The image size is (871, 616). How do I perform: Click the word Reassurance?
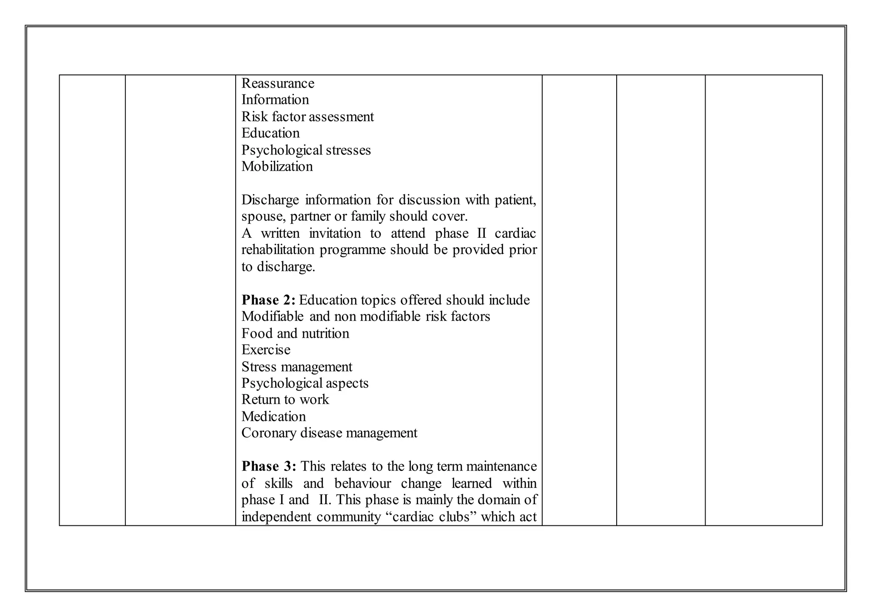click(x=278, y=83)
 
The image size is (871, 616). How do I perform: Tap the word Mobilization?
click(x=277, y=166)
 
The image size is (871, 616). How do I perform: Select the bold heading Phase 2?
click(x=268, y=300)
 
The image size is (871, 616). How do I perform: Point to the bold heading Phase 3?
click(x=269, y=467)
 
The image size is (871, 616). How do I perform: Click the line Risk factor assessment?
click(x=307, y=117)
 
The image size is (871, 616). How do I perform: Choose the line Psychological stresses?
click(x=306, y=150)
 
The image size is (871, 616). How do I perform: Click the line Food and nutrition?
click(x=295, y=334)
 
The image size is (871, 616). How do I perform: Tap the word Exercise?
click(x=266, y=350)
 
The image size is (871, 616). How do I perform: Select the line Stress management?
click(x=297, y=367)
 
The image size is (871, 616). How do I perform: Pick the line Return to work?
click(x=285, y=400)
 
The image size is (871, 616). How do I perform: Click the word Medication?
click(x=273, y=416)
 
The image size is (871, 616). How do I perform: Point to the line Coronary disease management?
click(x=329, y=433)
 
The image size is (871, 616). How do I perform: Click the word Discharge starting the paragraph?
click(x=270, y=200)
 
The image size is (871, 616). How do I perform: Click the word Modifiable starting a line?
click(x=272, y=317)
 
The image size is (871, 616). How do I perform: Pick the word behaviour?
click(x=362, y=484)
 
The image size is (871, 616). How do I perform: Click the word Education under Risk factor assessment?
click(x=270, y=133)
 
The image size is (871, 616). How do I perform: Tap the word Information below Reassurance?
click(x=275, y=100)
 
